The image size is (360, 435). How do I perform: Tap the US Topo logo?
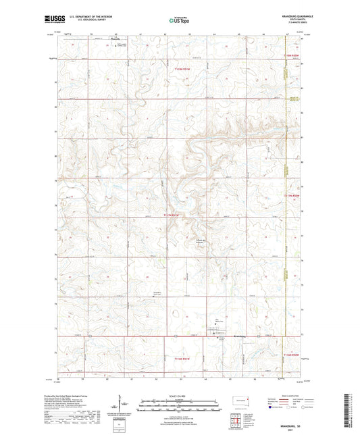click(178, 21)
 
